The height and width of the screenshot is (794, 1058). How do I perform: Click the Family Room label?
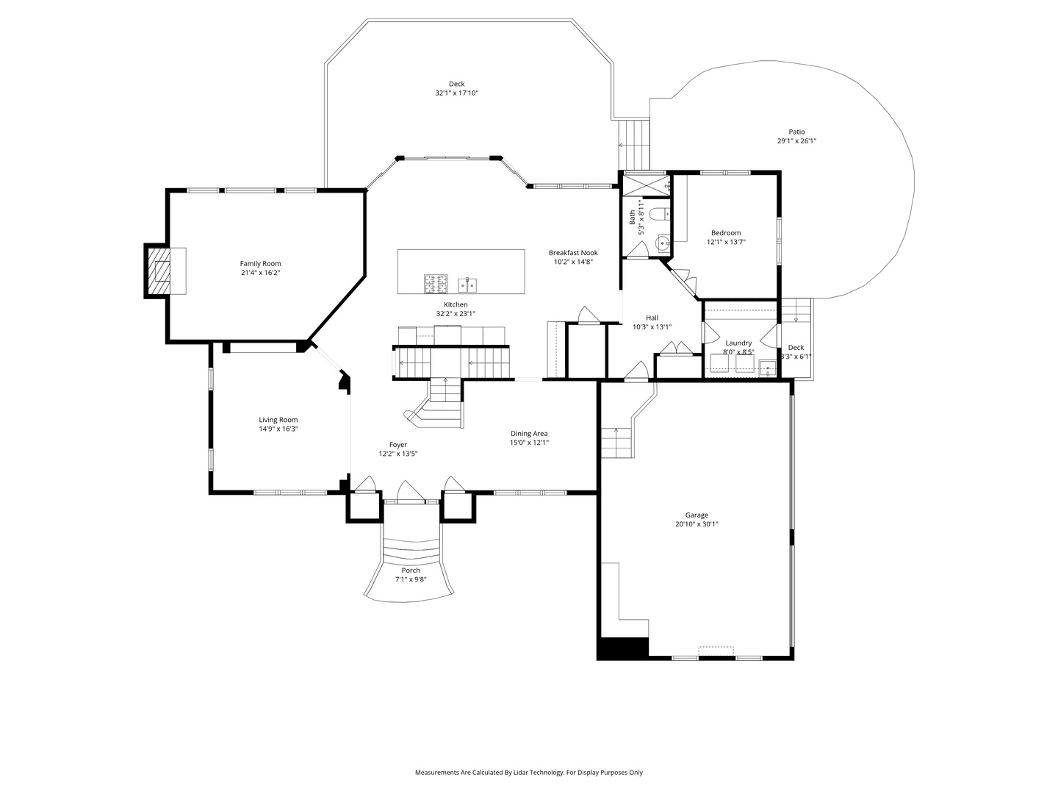click(x=260, y=263)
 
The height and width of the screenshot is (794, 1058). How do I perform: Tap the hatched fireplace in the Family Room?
click(x=159, y=271)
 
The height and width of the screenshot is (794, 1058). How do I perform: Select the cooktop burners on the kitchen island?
click(x=436, y=282)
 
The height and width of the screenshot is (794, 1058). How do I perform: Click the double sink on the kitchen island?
click(x=467, y=283)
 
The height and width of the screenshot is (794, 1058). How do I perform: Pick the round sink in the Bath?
click(x=663, y=242)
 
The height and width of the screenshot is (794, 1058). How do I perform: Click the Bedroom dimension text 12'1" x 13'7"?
click(x=725, y=242)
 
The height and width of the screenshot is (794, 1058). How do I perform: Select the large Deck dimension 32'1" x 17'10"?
click(x=456, y=93)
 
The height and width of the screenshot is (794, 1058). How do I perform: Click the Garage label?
click(x=697, y=515)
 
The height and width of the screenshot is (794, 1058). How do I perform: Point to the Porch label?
click(x=411, y=571)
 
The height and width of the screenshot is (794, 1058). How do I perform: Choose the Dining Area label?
click(x=529, y=433)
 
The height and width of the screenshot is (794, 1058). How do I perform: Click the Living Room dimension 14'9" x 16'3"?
click(x=278, y=429)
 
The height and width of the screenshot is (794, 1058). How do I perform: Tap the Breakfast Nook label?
click(x=573, y=252)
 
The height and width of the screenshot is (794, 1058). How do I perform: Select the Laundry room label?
click(x=738, y=343)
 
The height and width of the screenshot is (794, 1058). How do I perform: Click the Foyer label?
click(x=397, y=444)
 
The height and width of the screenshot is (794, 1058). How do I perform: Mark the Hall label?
click(x=652, y=318)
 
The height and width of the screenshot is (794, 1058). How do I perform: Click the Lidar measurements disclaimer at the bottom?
click(x=528, y=773)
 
